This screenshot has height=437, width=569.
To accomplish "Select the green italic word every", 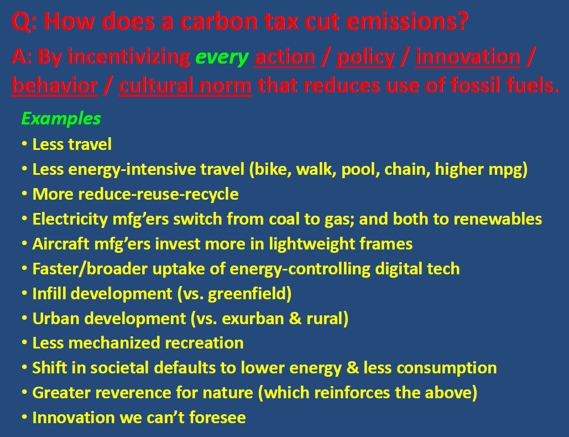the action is (222, 58).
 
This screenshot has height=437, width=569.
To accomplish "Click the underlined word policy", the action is (365, 58).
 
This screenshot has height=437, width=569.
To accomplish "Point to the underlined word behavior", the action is (54, 86).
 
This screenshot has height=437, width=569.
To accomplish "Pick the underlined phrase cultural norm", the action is (185, 86).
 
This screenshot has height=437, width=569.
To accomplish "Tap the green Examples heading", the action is (61, 118).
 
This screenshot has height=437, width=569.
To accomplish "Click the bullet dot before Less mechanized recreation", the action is (24, 343).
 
